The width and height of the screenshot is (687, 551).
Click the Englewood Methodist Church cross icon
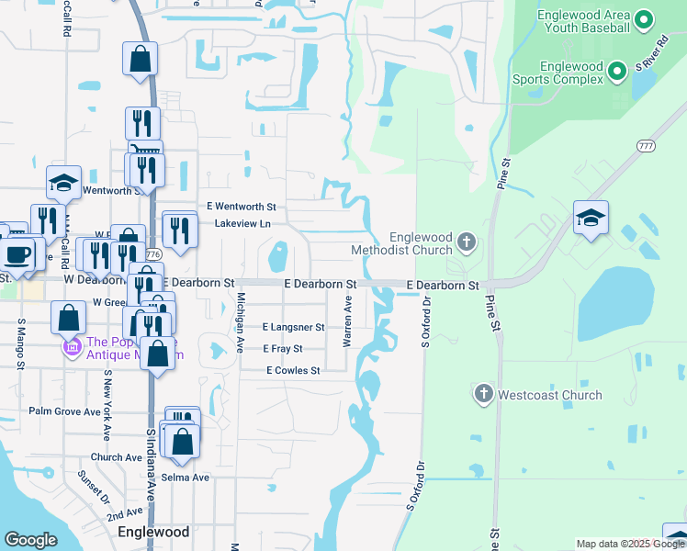[467, 243]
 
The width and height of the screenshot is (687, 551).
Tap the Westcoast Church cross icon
[484, 395]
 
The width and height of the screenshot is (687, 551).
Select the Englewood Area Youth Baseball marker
[644, 18]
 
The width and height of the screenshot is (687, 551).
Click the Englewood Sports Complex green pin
[618, 68]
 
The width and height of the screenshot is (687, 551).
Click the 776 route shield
[154, 254]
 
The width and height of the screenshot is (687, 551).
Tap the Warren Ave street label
[348, 320]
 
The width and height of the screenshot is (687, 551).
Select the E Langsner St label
[294, 327]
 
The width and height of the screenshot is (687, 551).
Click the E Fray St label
[282, 349]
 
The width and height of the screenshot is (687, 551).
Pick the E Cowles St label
[293, 371]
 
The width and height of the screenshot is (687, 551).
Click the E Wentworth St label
[242, 208]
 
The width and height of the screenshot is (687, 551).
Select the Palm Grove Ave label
[64, 411]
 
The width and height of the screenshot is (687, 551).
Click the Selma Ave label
[187, 478]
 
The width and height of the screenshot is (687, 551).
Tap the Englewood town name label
[153, 532]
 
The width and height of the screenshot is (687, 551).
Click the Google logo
[31, 540]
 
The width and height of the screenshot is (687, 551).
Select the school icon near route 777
[591, 219]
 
